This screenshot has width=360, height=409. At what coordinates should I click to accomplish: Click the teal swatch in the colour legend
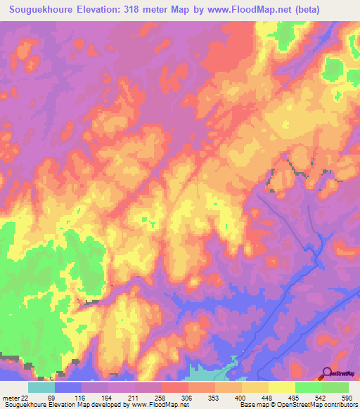(41, 387)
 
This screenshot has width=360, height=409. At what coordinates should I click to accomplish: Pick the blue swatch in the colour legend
(68, 387)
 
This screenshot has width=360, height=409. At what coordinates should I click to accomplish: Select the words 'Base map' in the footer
(252, 405)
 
